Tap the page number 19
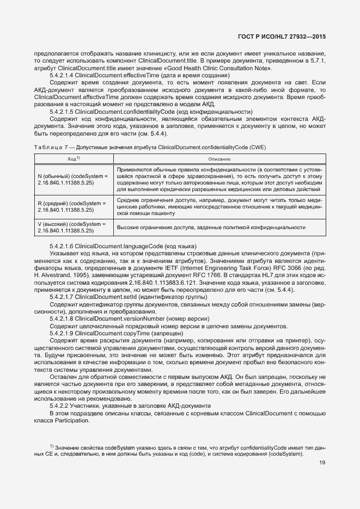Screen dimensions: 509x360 tap(322, 463)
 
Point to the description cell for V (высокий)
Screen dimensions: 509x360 tap(210, 228)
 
